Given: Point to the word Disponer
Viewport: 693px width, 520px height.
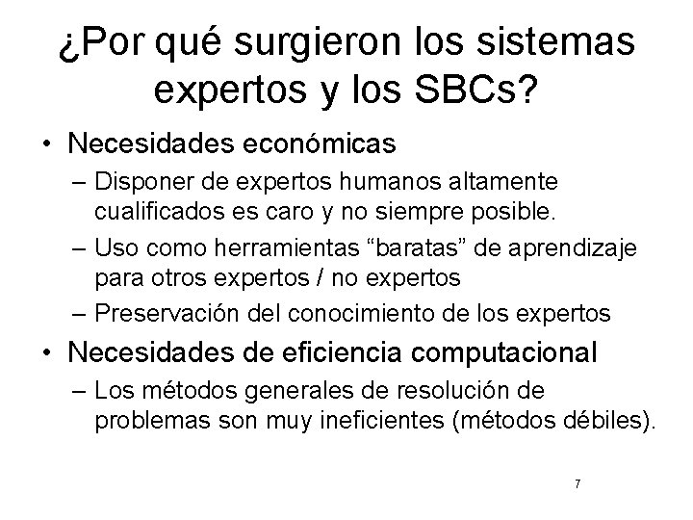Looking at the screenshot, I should (x=137, y=181).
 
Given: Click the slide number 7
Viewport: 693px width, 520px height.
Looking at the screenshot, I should (x=577, y=483).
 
